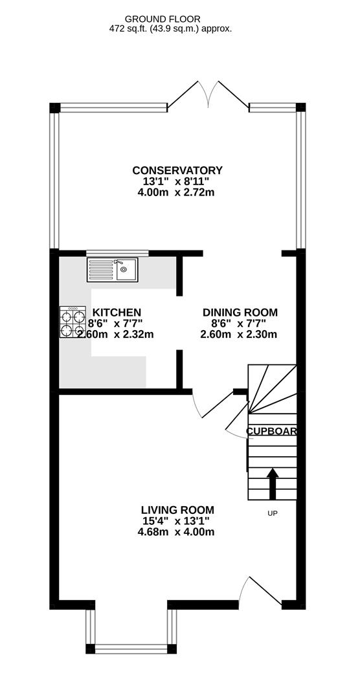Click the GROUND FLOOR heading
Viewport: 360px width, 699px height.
(x=172, y=19)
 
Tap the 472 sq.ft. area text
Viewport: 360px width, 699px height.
(x=172, y=28)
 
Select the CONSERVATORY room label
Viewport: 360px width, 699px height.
(x=177, y=170)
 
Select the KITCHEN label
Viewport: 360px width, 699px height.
(x=117, y=313)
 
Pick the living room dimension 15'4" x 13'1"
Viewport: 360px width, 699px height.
(x=176, y=521)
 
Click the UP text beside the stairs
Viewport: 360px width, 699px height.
(x=273, y=514)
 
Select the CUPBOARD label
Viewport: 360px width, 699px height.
(x=271, y=431)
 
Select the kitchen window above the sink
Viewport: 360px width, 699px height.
(x=117, y=254)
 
